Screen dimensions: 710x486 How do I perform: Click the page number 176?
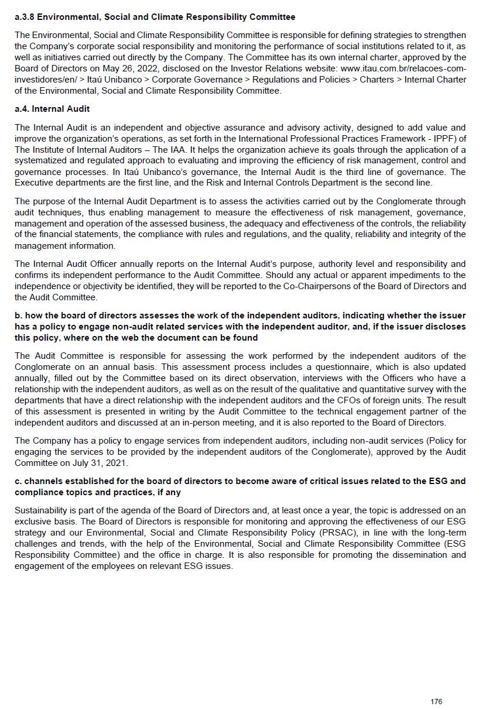[436, 702]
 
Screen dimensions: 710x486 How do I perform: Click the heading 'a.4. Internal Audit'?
[52, 109]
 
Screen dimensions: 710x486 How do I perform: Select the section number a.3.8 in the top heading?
[25, 17]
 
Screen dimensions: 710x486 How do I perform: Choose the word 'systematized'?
[42, 160]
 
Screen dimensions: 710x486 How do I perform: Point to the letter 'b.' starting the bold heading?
[19, 316]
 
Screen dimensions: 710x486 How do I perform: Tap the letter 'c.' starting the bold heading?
[19, 481]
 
